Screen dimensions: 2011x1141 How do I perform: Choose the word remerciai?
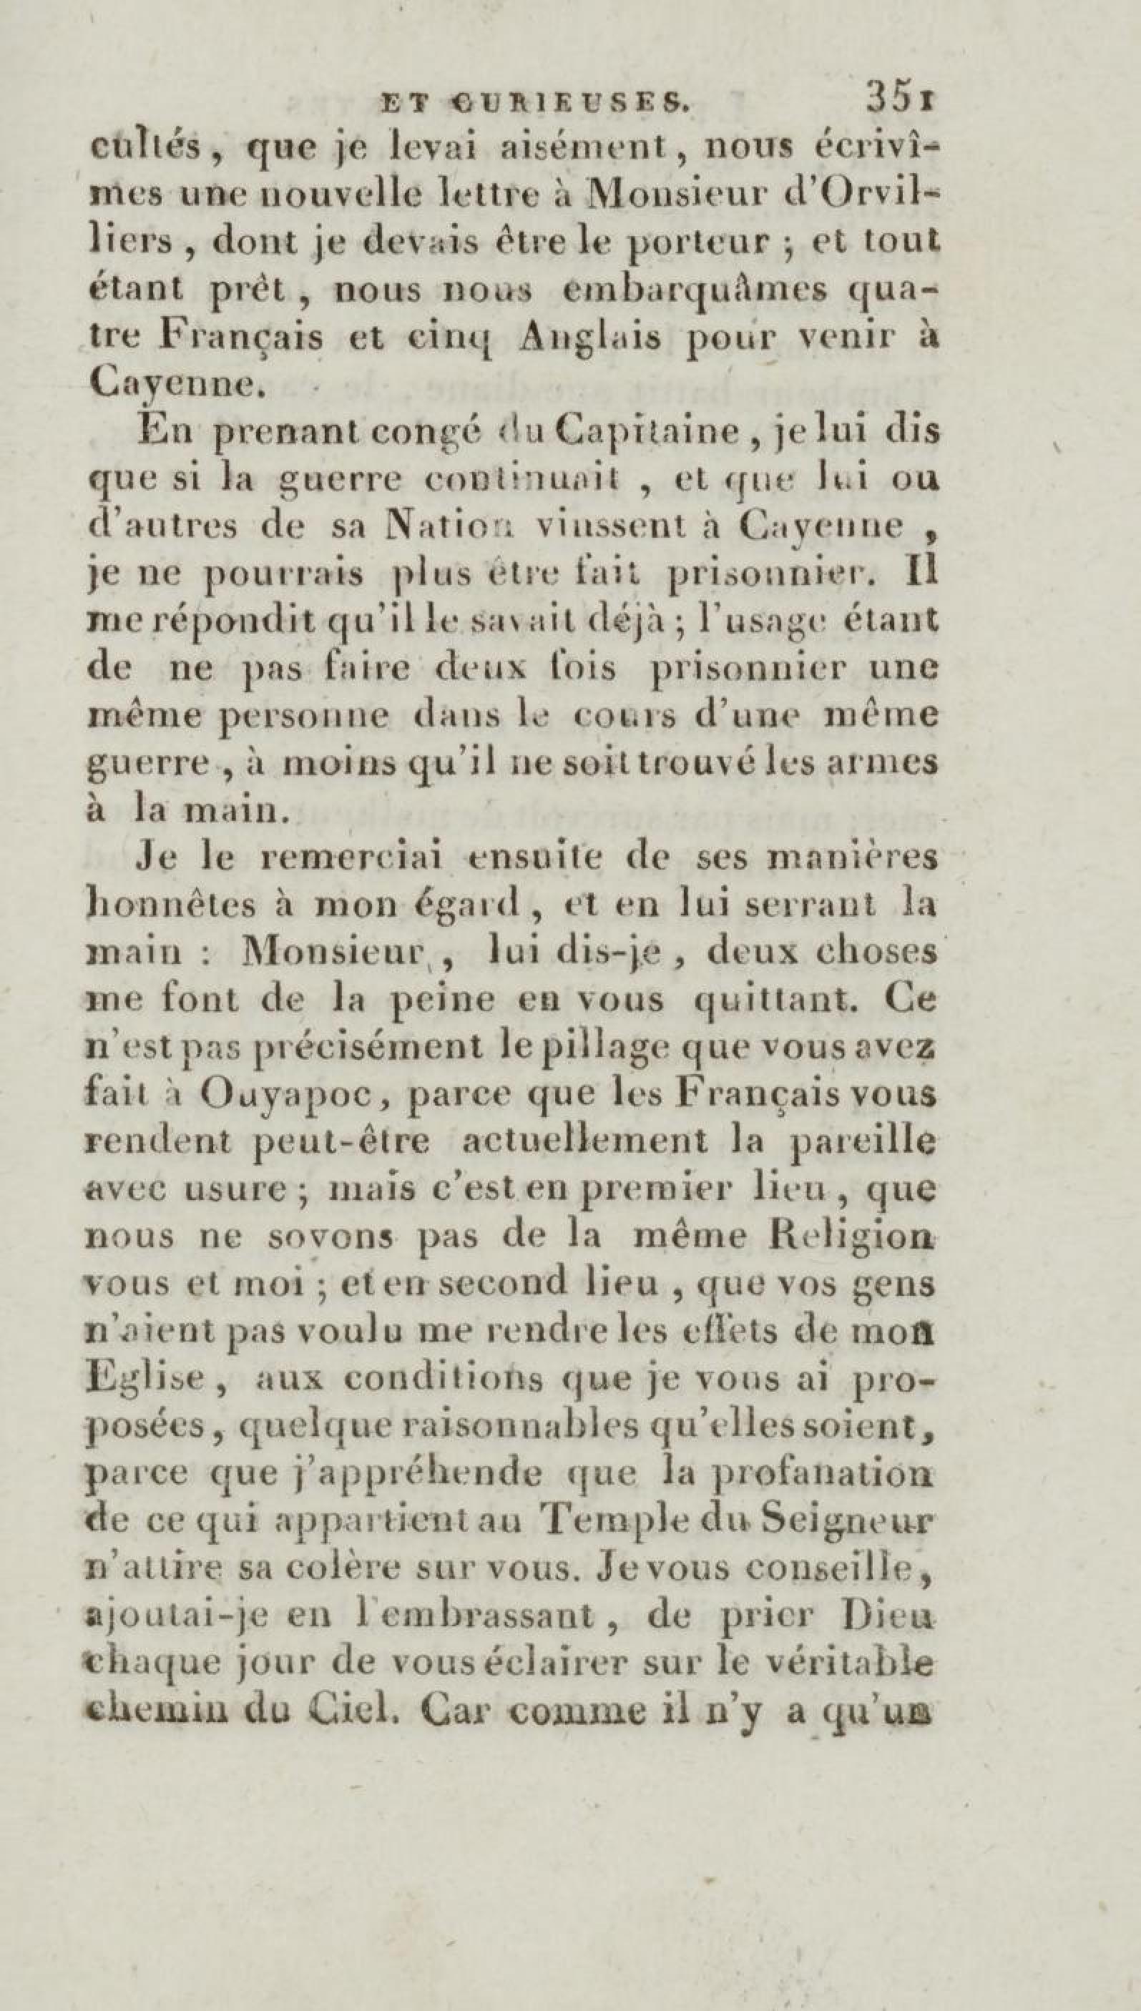(355, 858)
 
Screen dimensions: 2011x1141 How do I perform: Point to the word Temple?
(609, 1525)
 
